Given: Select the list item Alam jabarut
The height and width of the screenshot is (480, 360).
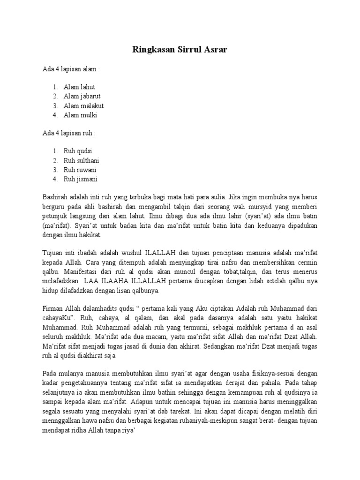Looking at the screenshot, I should tap(82, 96).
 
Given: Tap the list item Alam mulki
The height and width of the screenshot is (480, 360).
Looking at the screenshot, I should tap(80, 115).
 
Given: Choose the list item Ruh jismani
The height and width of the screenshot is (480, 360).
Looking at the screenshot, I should tap(80, 179).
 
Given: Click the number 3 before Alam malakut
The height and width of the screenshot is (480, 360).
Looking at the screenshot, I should tap(55, 105).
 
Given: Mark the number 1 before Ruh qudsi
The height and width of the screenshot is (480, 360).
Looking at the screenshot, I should tap(55, 151).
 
